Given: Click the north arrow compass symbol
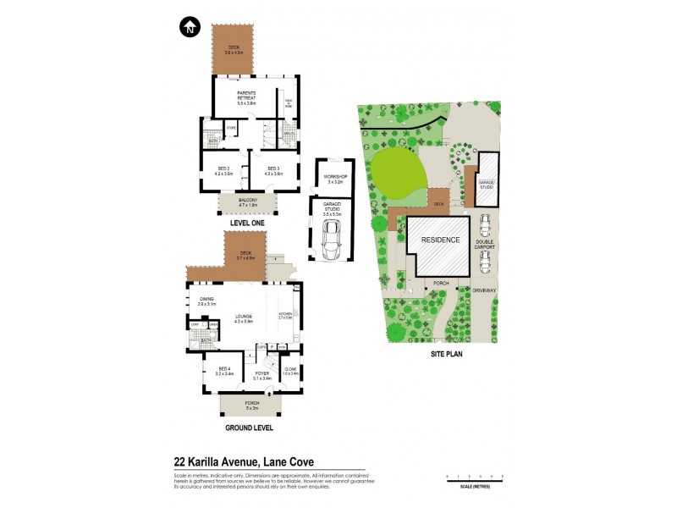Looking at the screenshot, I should pos(190,27).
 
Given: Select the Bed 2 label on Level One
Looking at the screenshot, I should pos(223,170).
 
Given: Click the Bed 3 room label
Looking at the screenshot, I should pos(272,170).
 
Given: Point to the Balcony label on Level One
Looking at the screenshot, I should pos(247,202).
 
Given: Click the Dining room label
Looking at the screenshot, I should pos(206,301).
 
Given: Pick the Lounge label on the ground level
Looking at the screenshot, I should pos(244,318).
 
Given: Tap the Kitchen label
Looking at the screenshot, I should pos(284,317).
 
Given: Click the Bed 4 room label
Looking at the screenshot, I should pos(224,371).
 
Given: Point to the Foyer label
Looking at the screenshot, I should pos(262,376).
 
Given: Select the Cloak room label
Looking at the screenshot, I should pos(290,370).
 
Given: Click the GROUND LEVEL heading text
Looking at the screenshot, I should pos(250,428).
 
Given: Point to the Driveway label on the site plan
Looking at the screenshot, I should pos(485,290).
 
